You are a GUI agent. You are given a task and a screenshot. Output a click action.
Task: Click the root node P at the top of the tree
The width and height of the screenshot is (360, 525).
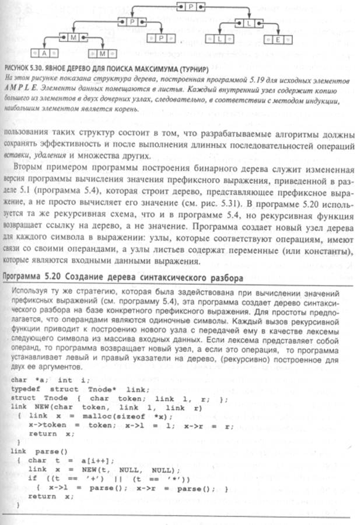(x=191, y=6)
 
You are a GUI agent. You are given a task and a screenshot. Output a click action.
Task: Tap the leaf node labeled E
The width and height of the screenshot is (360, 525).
(x=278, y=39)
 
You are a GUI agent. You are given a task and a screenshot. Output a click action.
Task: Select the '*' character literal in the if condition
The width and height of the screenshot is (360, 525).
(x=142, y=477)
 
